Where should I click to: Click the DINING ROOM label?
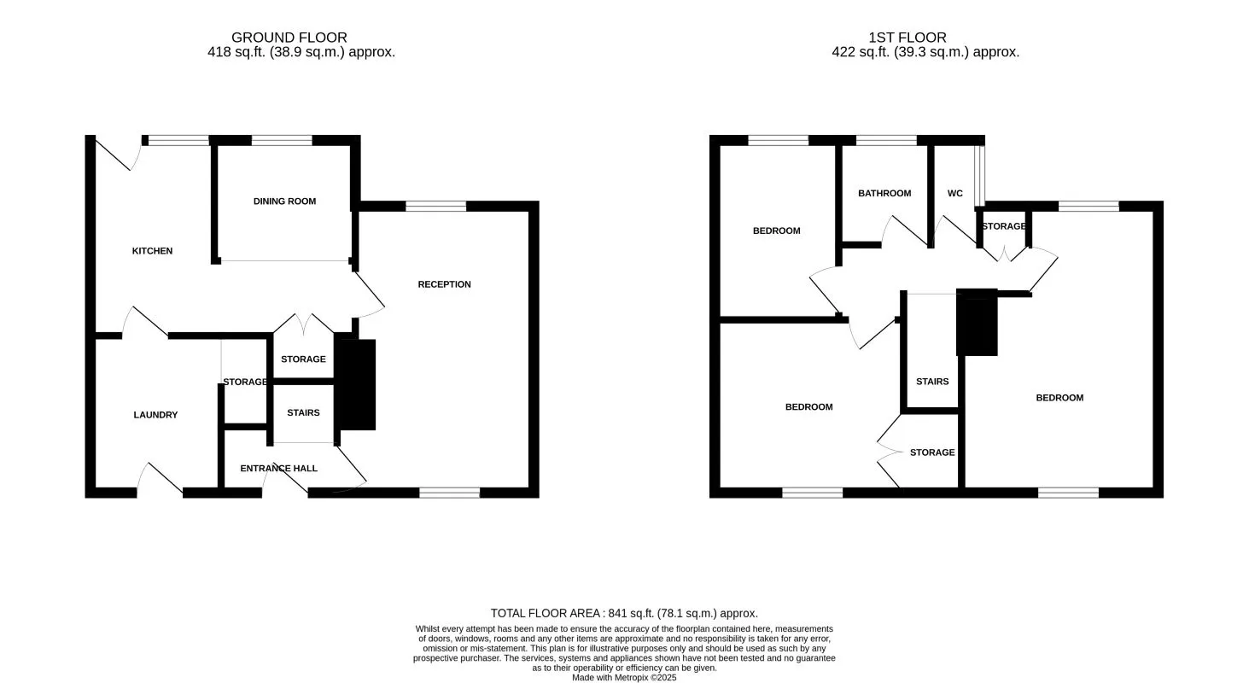pos(284,201)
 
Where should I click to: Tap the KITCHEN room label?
pos(152,251)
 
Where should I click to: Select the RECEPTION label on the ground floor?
pos(444,284)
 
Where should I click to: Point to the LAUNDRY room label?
pos(155,415)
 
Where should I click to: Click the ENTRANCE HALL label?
pos(278,469)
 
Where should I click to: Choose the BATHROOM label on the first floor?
pos(884,193)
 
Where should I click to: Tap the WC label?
pos(954,194)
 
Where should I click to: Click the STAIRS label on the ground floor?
pos(303,413)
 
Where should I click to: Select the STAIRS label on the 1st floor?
pos(932,382)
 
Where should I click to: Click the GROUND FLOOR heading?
pos(289,38)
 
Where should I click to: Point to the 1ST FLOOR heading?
pos(908,38)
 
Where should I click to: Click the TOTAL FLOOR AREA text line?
pos(624,613)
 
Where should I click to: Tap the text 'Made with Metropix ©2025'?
pos(624,677)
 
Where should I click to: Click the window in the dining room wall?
pos(282,141)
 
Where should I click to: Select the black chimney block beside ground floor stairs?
pos(357,384)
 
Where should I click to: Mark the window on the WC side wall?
pos(980,175)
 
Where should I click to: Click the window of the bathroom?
pos(886,141)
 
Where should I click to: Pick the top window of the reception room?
pos(435,206)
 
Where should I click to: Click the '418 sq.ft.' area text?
pos(233,52)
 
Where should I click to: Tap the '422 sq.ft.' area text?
pos(857,52)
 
